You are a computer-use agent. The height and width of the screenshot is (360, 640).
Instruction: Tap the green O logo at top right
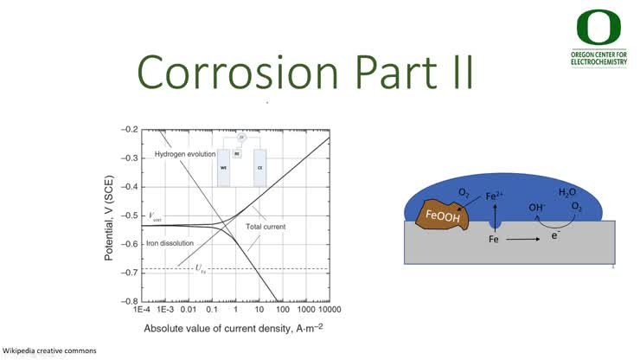coord(598,29)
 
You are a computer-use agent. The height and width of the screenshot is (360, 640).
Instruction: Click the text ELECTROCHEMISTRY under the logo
coord(599,62)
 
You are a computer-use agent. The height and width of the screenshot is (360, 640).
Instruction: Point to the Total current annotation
coord(266,227)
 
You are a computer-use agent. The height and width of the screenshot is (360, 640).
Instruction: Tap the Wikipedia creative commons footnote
coord(49,350)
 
